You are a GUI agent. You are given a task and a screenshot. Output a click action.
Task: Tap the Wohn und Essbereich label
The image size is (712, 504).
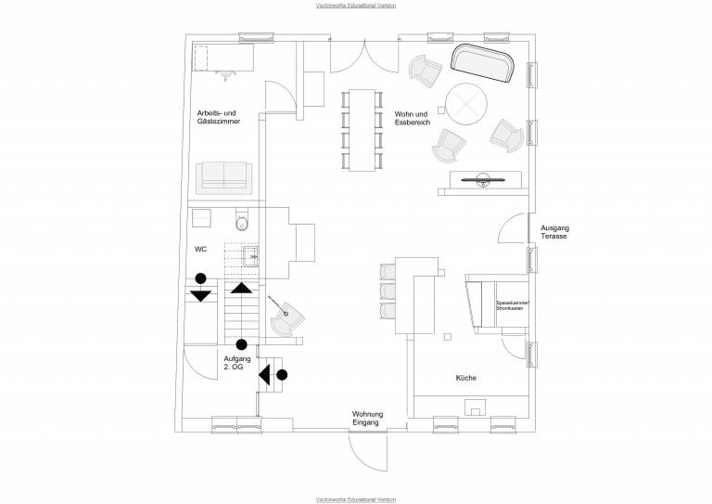click(412, 116)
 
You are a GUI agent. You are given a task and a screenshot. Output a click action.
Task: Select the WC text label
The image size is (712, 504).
click(200, 250)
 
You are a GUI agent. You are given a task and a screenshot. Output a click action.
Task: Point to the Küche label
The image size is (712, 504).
click(465, 378)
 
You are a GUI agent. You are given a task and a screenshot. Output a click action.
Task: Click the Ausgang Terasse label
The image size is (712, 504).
click(554, 232)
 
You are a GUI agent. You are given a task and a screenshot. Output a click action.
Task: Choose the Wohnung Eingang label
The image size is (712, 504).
click(366, 418)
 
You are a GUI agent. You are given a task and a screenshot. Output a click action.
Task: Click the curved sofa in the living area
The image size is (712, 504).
click(483, 64)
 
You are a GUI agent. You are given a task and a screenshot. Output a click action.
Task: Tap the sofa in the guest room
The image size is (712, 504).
click(223, 174)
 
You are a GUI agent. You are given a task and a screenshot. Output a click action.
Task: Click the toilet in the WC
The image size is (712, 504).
click(243, 223)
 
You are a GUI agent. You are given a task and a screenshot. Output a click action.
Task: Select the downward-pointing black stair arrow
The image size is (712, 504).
click(200, 296)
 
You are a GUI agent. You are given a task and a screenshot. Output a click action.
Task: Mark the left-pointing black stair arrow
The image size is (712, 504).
click(265, 374)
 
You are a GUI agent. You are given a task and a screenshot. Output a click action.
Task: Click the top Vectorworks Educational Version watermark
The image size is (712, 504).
click(355, 5)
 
